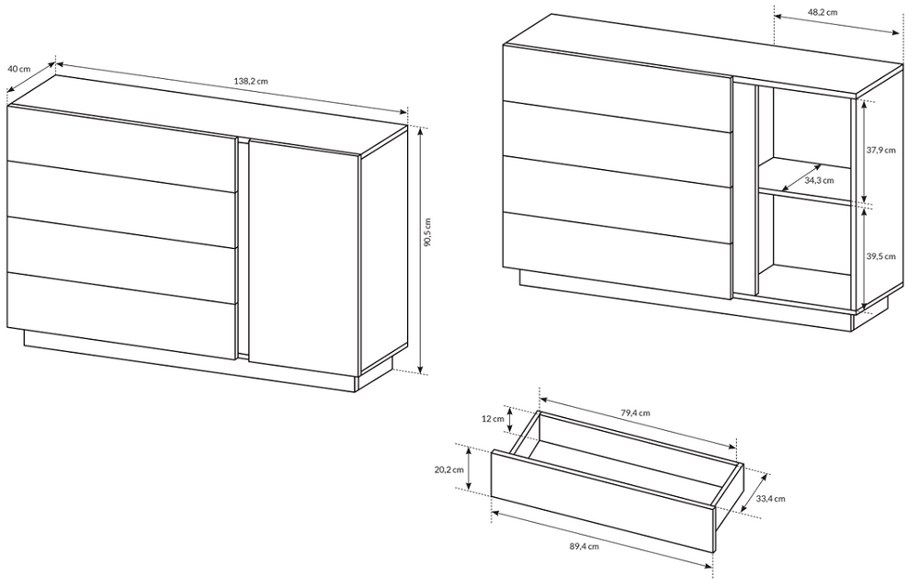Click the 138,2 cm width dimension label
click(251, 81)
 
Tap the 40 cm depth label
click(18, 69)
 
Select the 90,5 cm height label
click(427, 232)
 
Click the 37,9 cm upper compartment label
click(881, 150)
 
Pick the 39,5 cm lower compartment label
click(881, 256)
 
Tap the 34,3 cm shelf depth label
click(819, 180)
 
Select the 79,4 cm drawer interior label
click(635, 413)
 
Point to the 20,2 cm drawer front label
click(449, 469)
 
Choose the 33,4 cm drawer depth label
click(770, 499)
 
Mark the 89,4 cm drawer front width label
click(584, 547)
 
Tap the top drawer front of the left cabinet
click(122, 149)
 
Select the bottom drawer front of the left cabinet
click(122, 316)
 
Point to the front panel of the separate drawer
click(602, 502)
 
